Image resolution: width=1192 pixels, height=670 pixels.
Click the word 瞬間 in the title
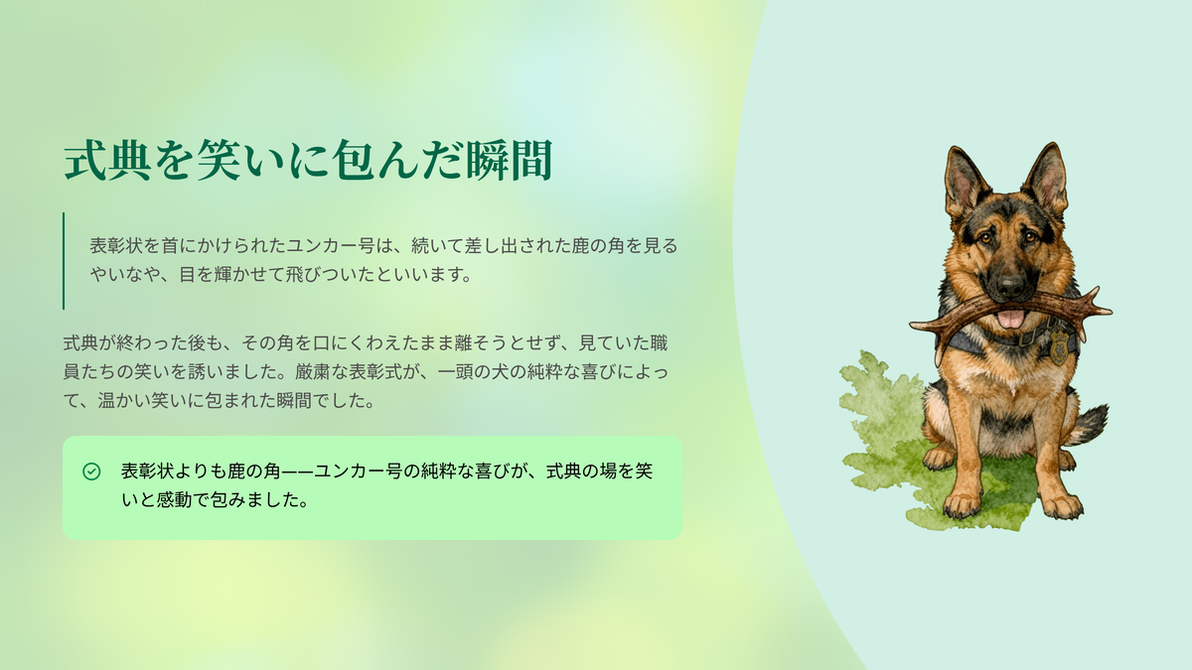point(510,160)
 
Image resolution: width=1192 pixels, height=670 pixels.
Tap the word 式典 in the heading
point(107,160)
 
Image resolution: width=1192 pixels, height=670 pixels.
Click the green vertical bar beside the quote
point(64,260)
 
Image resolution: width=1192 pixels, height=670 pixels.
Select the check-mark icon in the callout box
point(91,471)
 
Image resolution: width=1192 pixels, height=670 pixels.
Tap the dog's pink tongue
point(1010,319)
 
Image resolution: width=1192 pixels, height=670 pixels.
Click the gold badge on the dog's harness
point(1059,346)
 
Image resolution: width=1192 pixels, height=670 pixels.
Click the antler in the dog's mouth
point(1010,313)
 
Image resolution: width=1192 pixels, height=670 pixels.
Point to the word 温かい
point(124,400)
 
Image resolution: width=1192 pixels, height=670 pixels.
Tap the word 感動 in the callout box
point(174,500)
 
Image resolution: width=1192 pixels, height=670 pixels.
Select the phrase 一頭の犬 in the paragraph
point(473,371)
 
